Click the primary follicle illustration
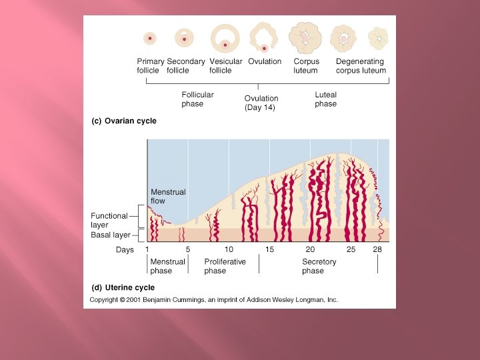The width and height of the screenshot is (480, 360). point(150,39)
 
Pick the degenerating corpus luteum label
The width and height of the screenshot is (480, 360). point(360,66)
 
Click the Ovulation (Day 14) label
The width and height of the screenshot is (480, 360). point(261,103)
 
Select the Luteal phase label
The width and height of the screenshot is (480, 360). point(325,99)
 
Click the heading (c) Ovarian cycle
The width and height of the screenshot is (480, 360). point(123,121)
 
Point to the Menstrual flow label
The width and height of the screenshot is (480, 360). point(168,197)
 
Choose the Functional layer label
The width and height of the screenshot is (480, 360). point(109,220)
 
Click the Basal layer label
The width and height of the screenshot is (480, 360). point(110,235)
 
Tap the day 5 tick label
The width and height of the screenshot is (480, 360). point(187,249)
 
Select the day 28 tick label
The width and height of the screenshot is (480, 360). point(377,249)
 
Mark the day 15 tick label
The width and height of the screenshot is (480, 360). point(269,249)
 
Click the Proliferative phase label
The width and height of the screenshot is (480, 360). point(225,266)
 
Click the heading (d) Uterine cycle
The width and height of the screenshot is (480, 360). point(123,288)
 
